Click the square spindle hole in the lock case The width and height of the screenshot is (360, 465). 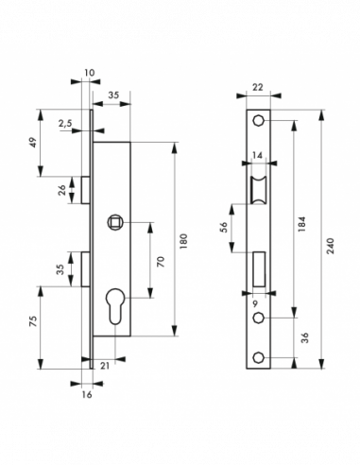114,223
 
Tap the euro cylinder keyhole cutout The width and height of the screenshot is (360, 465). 114,306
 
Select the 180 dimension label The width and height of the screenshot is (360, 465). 183,241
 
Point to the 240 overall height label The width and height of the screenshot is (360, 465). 330,246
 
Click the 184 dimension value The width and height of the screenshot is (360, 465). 301,224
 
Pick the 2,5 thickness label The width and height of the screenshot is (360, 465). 65,123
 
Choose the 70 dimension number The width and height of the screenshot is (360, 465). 161,262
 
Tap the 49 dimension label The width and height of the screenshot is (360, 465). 34,143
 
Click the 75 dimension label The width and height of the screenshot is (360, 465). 33,320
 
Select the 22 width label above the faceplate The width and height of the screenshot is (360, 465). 258,87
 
